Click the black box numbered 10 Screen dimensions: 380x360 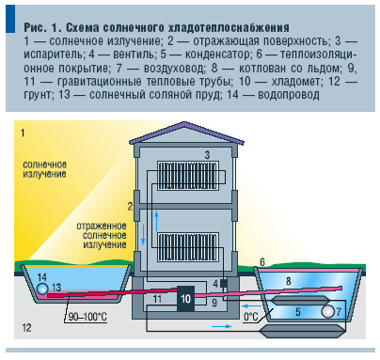click(186, 299)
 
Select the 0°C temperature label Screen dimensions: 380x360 click(251, 317)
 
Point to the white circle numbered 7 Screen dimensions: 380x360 click(330, 309)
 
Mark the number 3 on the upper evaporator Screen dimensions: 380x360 click(206, 152)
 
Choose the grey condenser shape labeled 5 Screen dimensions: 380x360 click(299, 310)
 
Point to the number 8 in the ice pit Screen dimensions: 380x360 click(289, 280)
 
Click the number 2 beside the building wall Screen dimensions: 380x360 click(131, 204)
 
